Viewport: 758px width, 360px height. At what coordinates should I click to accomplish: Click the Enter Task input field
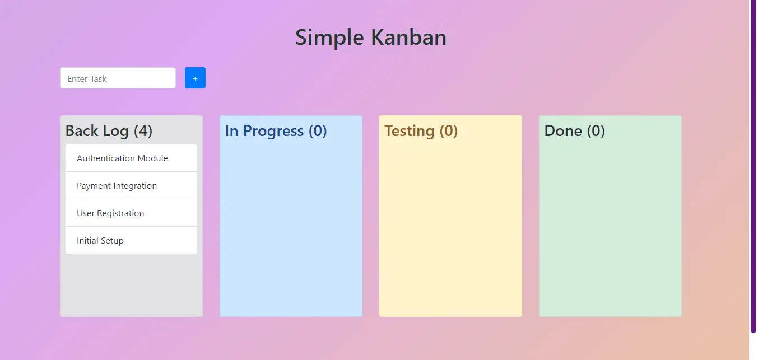click(x=118, y=78)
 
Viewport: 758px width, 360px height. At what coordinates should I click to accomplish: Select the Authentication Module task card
click(x=131, y=158)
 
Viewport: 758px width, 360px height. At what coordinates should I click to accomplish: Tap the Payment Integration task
click(x=131, y=185)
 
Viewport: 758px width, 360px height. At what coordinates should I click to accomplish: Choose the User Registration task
click(x=131, y=213)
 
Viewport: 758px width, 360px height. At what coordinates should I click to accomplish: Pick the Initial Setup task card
click(x=131, y=240)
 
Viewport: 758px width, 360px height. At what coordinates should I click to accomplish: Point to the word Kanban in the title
click(x=409, y=37)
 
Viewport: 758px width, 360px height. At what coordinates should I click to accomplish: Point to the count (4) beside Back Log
click(x=143, y=131)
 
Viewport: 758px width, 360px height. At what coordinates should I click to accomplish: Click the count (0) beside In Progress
click(x=318, y=131)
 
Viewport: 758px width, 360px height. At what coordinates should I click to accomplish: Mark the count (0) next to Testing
click(x=449, y=131)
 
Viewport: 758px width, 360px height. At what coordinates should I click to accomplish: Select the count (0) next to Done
click(x=596, y=131)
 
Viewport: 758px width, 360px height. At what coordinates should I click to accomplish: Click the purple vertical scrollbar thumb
click(x=754, y=166)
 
